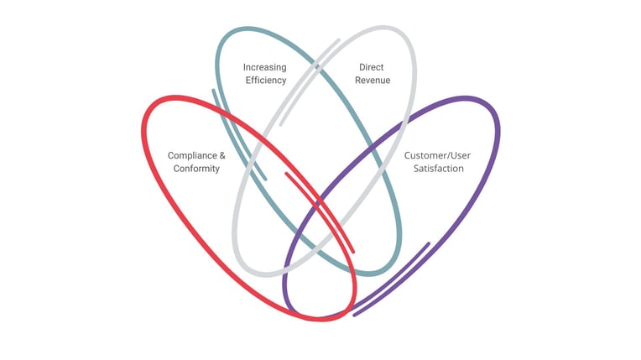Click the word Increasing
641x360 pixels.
(x=264, y=67)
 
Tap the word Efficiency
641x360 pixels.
(x=265, y=81)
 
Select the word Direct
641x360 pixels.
(x=372, y=67)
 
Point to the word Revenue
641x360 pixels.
(x=373, y=81)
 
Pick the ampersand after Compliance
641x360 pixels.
(x=222, y=155)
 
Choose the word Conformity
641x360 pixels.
(x=196, y=169)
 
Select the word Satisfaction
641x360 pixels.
(x=434, y=169)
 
